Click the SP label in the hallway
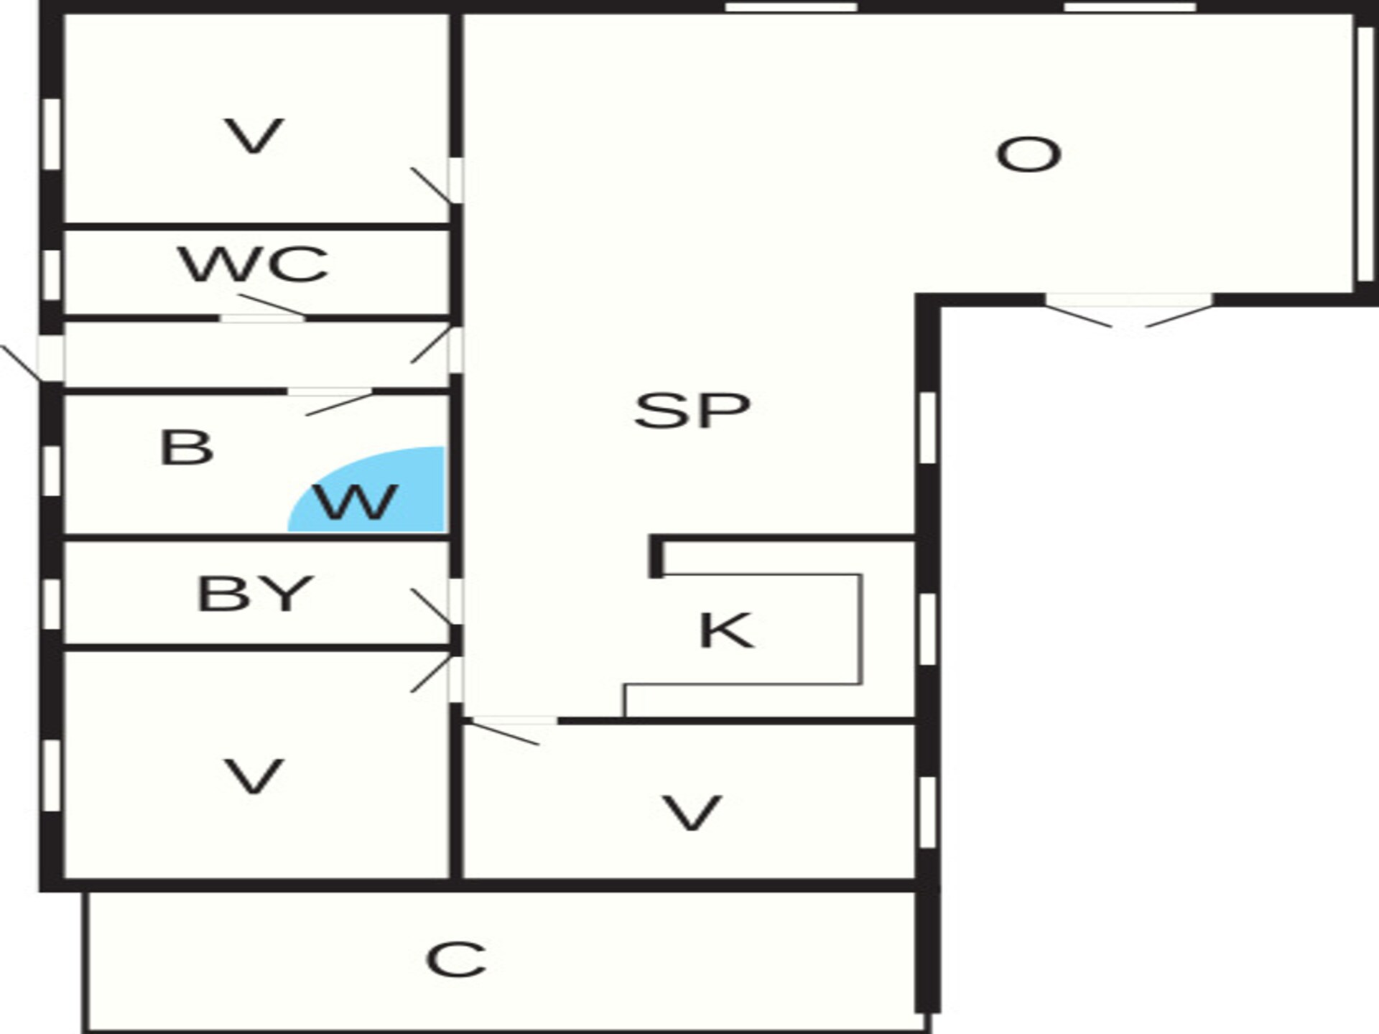click(692, 410)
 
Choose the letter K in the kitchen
click(726, 630)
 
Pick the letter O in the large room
click(1029, 154)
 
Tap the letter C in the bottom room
click(456, 959)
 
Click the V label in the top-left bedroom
click(254, 136)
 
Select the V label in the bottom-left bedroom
click(254, 777)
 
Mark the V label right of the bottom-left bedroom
click(691, 813)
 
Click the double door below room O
click(1128, 310)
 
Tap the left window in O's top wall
click(791, 7)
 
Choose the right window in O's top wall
click(1130, 7)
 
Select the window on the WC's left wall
click(51, 274)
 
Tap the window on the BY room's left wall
click(51, 605)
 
